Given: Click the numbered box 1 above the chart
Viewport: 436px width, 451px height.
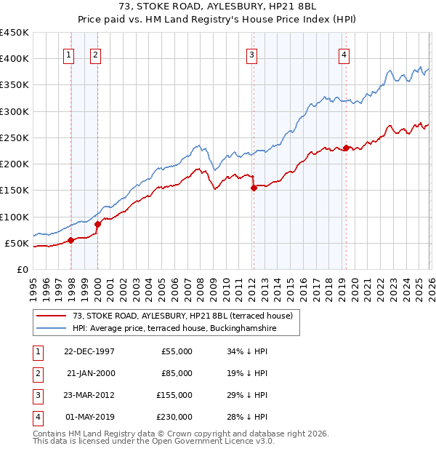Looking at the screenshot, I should [x=68, y=54].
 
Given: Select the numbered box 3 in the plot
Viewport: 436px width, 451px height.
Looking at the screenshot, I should [x=251, y=54].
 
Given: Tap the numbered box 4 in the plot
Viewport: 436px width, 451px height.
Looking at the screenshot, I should [x=343, y=54].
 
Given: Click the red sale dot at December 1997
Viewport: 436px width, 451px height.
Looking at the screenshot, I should [x=70, y=240].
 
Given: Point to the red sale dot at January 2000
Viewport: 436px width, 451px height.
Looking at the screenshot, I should [x=97, y=224].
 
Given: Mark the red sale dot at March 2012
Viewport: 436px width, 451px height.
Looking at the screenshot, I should [x=254, y=188].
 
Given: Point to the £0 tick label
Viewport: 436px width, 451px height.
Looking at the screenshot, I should [x=23, y=269].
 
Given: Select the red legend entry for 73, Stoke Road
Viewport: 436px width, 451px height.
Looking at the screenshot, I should [x=182, y=316].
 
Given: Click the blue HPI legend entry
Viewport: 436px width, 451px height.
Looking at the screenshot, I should [x=174, y=329].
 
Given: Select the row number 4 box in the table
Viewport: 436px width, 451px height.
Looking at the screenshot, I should [x=37, y=417].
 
